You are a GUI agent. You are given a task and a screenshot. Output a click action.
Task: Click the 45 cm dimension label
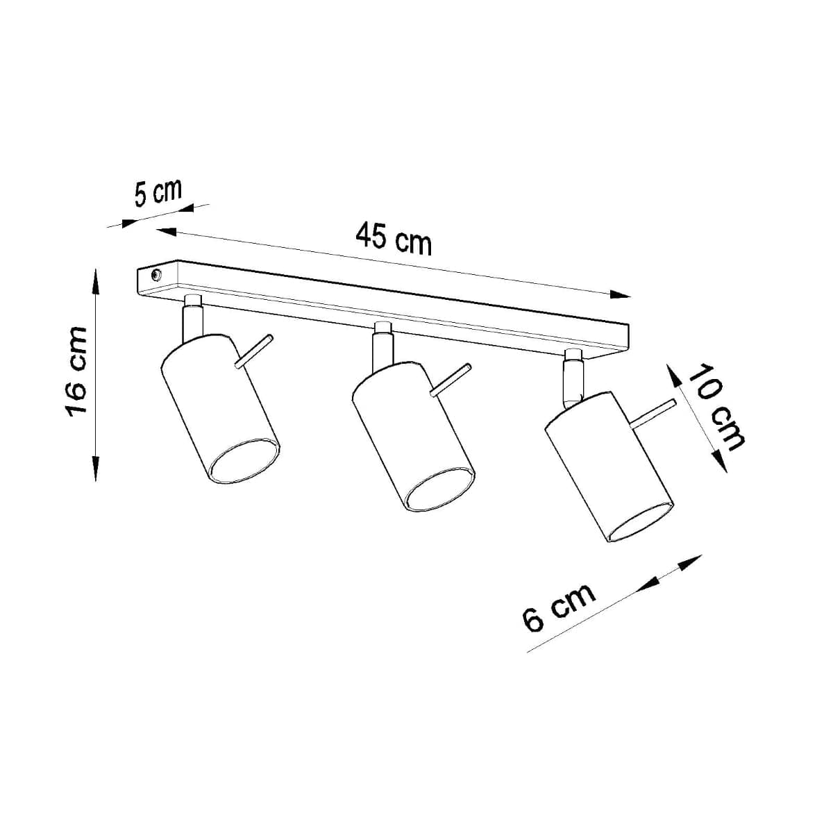[393, 238]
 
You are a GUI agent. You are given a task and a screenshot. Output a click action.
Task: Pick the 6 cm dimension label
[559, 606]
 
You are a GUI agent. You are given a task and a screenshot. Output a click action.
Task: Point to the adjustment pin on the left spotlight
[253, 351]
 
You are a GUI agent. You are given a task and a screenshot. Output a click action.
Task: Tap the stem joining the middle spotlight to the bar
[382, 345]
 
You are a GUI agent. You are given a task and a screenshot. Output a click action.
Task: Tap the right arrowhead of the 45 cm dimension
[621, 294]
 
